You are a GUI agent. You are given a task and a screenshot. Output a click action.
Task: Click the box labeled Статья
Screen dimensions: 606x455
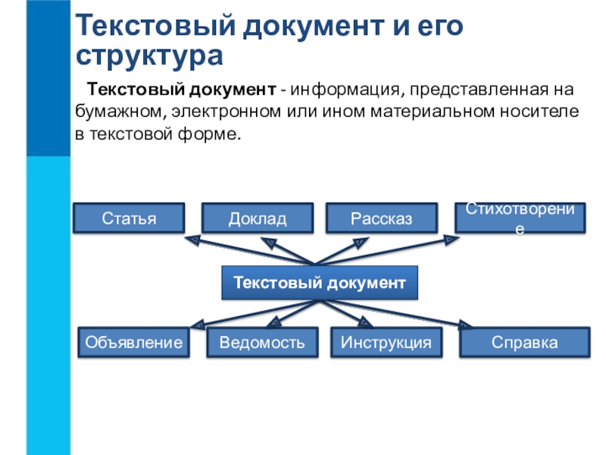point(129,218)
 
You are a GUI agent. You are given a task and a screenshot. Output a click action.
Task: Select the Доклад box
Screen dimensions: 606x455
point(258,218)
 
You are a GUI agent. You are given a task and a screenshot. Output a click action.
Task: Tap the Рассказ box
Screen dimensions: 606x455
point(382,218)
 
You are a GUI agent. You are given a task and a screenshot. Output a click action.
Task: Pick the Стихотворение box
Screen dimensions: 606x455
point(520,218)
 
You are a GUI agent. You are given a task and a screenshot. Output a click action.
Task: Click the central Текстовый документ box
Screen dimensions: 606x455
point(320,282)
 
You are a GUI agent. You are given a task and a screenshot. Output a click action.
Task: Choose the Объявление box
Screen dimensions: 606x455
point(134,342)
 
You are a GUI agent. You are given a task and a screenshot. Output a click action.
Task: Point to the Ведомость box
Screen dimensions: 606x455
point(262,342)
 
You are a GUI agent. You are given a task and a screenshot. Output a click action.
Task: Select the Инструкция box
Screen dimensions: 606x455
point(386,342)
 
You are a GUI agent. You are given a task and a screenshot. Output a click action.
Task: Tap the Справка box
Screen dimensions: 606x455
point(525,342)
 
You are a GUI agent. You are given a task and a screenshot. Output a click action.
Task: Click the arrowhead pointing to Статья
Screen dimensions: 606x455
point(192,240)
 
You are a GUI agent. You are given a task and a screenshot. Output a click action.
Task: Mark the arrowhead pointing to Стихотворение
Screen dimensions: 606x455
point(451,240)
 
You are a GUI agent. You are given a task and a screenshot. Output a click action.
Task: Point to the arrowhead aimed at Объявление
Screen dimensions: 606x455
point(198,325)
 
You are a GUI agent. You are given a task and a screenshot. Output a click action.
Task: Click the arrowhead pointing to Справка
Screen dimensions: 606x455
point(465,325)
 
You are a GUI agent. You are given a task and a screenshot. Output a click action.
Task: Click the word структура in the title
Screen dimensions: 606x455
point(149,55)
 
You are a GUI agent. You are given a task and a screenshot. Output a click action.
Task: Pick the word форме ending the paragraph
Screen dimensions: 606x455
point(209,134)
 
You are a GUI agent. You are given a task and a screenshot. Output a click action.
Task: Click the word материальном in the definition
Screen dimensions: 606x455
point(433,111)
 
